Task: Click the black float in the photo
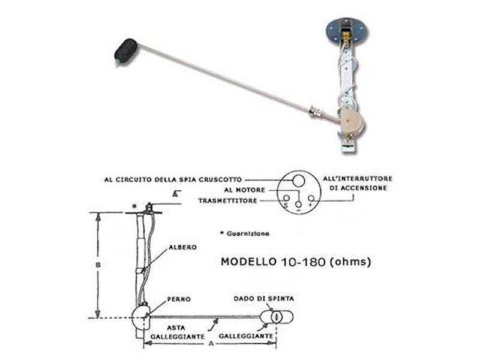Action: (x=126, y=51)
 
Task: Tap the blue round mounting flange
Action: (x=347, y=31)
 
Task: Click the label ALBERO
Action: (x=182, y=247)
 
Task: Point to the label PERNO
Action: (x=179, y=299)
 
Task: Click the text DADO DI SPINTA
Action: (x=263, y=298)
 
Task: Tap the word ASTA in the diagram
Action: (x=176, y=328)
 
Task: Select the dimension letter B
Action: (x=98, y=265)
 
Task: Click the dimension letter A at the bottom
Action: (x=211, y=343)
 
